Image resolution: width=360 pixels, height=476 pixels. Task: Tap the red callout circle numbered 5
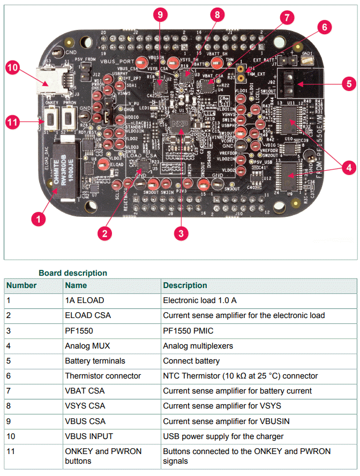click(348, 84)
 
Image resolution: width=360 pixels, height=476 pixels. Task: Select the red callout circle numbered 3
click(181, 233)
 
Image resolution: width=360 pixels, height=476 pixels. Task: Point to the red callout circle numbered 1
click(37, 218)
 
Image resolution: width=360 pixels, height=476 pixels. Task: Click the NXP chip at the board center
click(177, 124)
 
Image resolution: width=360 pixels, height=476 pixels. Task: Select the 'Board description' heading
click(72, 273)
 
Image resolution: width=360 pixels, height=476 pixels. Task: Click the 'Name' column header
click(76, 285)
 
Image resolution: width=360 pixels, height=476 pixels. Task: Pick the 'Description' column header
click(185, 285)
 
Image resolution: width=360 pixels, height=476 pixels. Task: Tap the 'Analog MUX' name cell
click(87, 346)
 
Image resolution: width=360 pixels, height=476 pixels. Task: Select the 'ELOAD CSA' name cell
click(88, 315)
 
